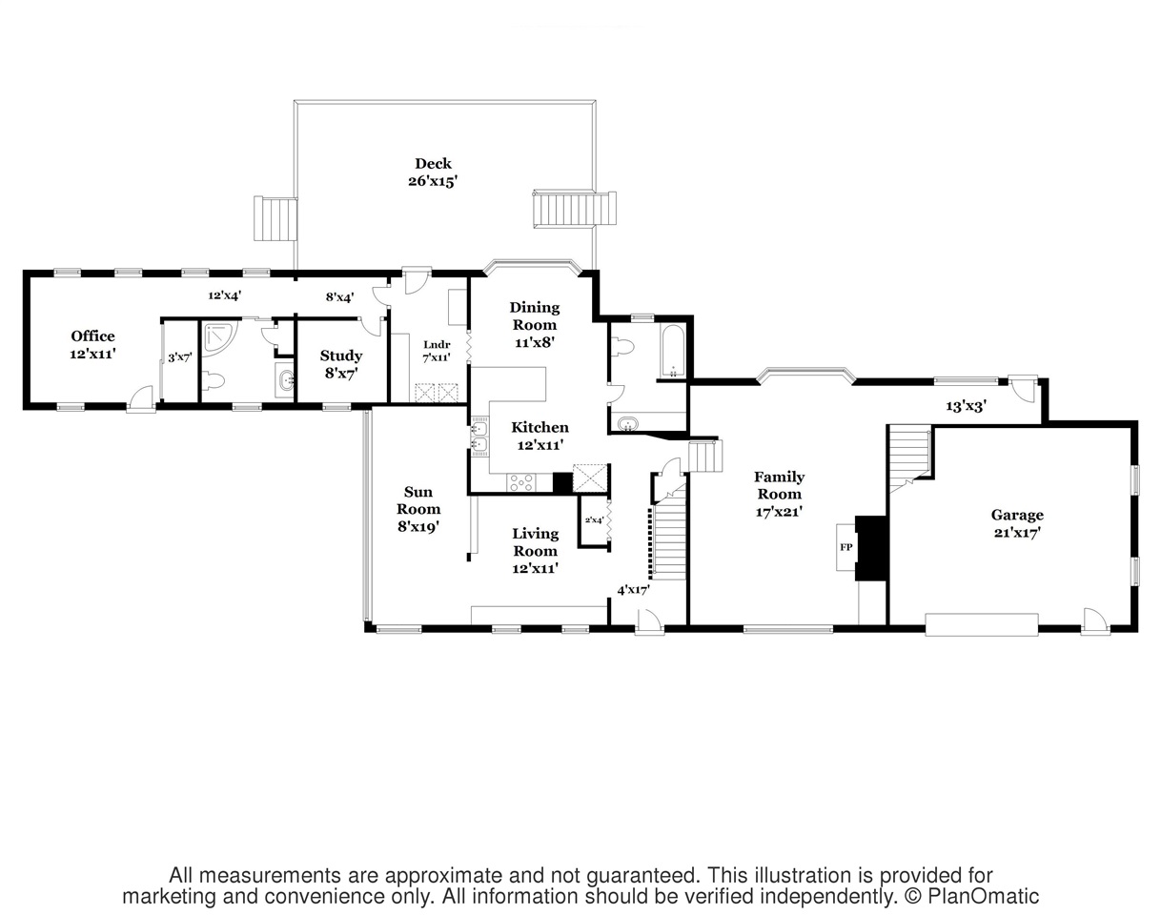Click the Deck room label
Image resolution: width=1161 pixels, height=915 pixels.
coord(433,164)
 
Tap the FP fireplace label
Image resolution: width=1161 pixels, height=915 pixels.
coord(845,547)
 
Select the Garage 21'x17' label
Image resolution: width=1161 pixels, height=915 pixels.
coord(1017,523)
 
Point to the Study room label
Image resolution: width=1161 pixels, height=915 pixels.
coord(341,356)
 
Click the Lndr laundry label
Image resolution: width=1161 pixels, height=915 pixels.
coord(437,345)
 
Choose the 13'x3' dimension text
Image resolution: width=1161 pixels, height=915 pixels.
coord(967,406)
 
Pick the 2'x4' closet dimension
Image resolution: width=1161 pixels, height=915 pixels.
coord(594,520)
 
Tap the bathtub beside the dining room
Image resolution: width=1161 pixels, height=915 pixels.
coord(673,351)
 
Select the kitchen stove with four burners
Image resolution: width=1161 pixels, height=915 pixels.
coord(521,481)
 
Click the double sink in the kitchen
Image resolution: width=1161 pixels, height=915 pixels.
coord(479,437)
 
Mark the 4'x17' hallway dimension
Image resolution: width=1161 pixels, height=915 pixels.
coord(633,590)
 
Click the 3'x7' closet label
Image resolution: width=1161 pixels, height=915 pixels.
coord(179,357)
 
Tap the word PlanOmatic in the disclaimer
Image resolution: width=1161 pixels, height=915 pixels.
coord(983,896)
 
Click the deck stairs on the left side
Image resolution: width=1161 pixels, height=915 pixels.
coord(275,218)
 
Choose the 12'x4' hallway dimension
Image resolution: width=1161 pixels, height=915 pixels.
coord(224,295)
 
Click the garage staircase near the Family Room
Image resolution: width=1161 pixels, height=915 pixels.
coord(909,457)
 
